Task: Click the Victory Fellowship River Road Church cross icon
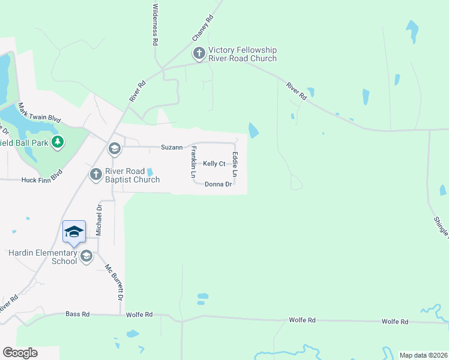click(199, 54)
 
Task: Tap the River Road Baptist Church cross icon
click(95, 175)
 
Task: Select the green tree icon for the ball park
click(58, 142)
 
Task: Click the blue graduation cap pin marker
click(74, 232)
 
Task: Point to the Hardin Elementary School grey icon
click(86, 257)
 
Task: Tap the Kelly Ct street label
click(214, 164)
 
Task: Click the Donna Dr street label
click(218, 184)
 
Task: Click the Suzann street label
click(171, 147)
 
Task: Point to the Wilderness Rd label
click(155, 25)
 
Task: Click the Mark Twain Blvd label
click(40, 113)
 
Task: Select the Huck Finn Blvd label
click(42, 179)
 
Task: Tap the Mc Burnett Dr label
click(114, 283)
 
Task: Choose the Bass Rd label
click(77, 314)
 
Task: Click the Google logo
click(20, 353)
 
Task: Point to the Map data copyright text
click(423, 355)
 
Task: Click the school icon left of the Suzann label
click(114, 148)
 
